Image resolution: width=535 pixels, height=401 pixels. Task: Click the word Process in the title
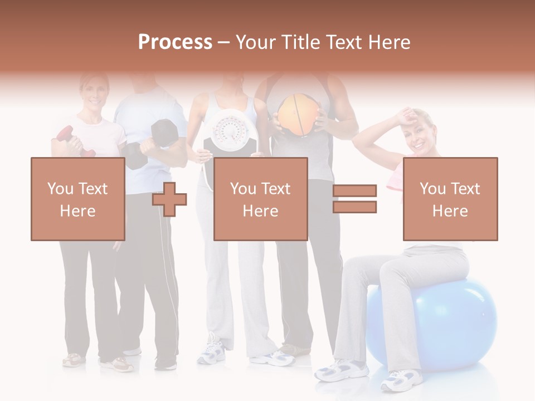(x=175, y=42)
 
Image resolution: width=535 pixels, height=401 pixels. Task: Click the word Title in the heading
(x=301, y=42)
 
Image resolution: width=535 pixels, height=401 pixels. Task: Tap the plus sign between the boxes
(x=169, y=199)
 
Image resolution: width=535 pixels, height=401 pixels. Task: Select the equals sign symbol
(x=355, y=199)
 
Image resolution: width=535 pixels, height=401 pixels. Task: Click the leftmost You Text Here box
(x=77, y=199)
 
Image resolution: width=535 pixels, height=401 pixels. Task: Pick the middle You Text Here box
(x=260, y=199)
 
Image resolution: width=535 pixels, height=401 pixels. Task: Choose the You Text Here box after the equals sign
(x=450, y=199)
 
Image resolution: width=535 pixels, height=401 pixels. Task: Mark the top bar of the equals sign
(x=355, y=191)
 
